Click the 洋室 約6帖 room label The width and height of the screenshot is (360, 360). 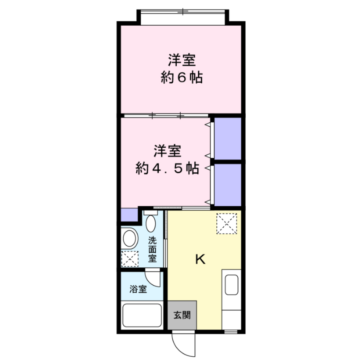click(x=181, y=69)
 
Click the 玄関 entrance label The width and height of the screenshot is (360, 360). click(x=182, y=315)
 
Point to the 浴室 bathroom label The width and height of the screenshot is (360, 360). click(x=138, y=289)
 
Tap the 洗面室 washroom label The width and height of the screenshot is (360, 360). click(x=153, y=249)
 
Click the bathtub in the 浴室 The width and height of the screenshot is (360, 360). click(x=142, y=315)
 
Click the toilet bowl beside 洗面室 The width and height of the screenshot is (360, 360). click(x=150, y=223)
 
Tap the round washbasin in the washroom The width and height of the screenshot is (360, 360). click(x=130, y=238)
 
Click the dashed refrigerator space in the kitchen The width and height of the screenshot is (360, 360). click(x=227, y=223)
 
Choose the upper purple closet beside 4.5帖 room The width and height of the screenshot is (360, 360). click(x=228, y=138)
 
